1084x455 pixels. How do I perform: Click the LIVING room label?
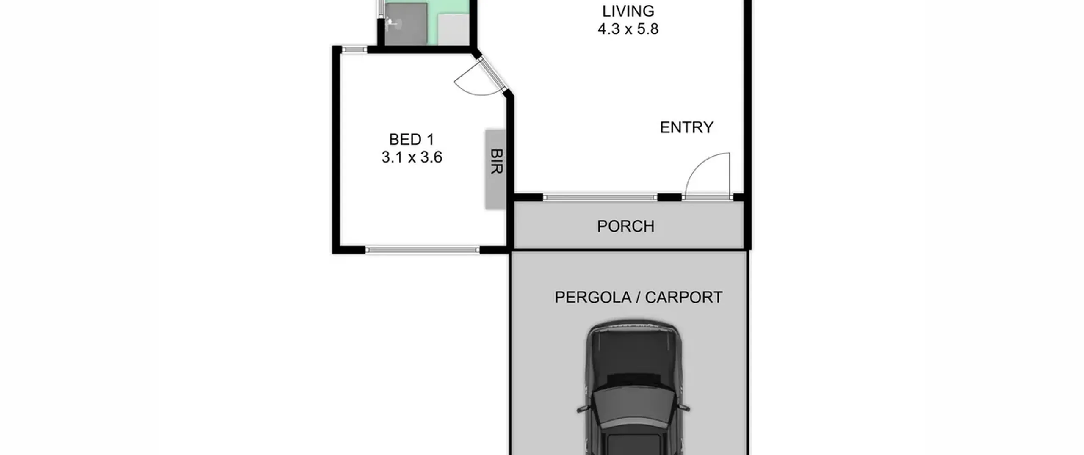[628, 11]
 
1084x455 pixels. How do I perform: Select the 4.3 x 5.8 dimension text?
[628, 29]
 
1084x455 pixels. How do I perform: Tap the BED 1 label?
[412, 139]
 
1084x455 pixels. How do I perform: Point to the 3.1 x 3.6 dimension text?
[412, 157]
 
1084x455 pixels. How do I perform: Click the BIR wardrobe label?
[497, 161]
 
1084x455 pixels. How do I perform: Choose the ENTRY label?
[686, 127]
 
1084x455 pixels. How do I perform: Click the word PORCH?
[625, 226]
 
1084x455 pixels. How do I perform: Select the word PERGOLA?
[593, 298]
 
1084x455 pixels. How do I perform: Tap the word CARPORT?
[683, 298]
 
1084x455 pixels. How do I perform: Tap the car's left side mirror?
[582, 409]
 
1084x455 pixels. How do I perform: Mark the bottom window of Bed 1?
[422, 250]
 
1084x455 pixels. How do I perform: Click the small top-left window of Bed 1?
[354, 50]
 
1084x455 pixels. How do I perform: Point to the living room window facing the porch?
[600, 197]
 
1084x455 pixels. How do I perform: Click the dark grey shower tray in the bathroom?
[406, 24]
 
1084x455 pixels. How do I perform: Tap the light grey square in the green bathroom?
[453, 29]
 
